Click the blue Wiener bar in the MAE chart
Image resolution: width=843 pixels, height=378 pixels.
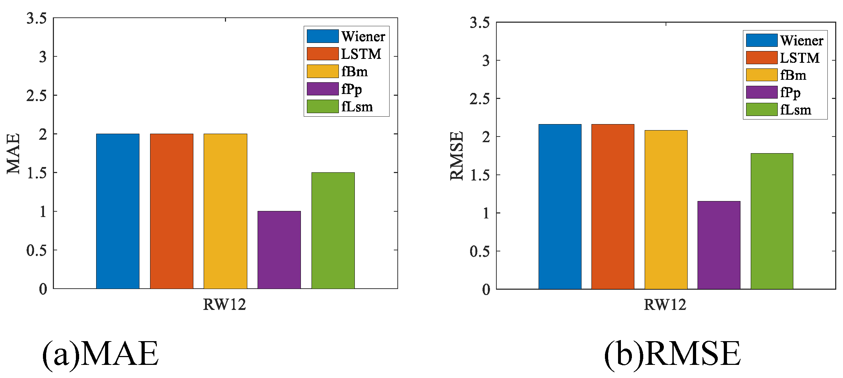click(117, 211)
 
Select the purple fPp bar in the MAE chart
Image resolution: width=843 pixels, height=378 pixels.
click(279, 250)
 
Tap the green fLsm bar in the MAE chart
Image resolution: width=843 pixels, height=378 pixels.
click(333, 230)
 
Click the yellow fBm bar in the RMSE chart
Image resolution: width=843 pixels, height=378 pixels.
click(666, 210)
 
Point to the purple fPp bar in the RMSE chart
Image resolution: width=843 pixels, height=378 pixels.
click(719, 245)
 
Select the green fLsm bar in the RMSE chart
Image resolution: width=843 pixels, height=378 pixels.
click(772, 221)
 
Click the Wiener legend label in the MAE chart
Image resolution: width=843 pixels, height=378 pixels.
click(363, 37)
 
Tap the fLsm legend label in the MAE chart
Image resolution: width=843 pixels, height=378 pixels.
click(357, 107)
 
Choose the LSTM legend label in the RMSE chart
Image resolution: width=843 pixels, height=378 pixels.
click(800, 58)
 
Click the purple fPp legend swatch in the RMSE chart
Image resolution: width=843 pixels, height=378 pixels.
click(761, 92)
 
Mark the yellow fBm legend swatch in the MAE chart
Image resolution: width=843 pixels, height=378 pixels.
click(323, 71)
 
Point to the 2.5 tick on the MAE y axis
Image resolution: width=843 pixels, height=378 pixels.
click(37, 95)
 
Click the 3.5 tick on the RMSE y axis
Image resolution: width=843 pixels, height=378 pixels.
click(480, 23)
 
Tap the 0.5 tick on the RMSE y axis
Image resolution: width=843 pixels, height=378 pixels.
click(480, 251)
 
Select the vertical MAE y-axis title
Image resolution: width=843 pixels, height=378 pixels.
click(13, 154)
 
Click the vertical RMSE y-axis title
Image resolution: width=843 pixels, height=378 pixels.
click(457, 156)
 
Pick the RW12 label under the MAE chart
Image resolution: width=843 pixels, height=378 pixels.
click(224, 305)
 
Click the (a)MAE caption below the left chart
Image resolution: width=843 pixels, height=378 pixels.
click(100, 354)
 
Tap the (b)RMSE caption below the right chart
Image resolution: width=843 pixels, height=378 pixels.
click(672, 354)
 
